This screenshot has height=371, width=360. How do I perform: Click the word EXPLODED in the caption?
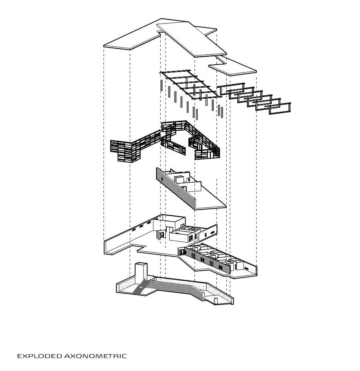[40, 356]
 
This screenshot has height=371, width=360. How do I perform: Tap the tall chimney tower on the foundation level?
[140, 271]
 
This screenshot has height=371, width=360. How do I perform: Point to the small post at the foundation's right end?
[215, 300]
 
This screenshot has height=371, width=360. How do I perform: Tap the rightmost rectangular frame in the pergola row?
[280, 108]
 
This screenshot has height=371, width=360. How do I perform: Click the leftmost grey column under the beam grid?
[161, 86]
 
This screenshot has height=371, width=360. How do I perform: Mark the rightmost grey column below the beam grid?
[222, 112]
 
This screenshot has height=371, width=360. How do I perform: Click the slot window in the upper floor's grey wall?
[161, 179]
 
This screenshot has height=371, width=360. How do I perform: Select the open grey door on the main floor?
[158, 235]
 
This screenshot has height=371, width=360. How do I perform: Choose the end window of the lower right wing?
[246, 268]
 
